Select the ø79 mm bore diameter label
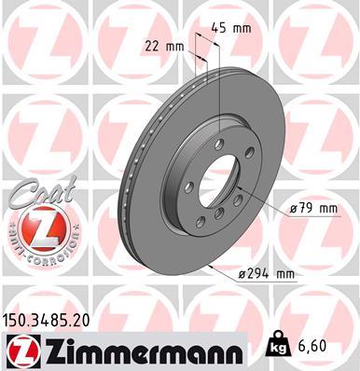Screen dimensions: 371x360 (312, 209)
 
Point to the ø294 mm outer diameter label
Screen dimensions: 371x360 (266, 273)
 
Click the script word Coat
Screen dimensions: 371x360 (37, 194)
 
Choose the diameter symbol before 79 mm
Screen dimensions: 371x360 (294, 209)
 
